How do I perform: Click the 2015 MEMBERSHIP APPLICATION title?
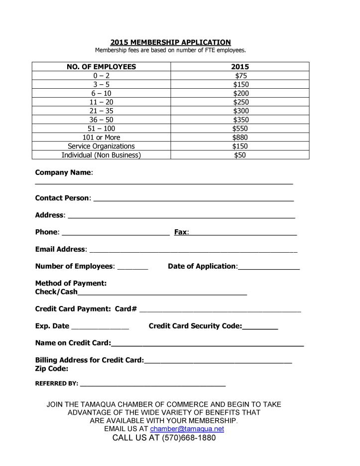[170, 42]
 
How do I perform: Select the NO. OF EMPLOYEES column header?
[101, 67]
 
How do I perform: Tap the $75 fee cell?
[240, 76]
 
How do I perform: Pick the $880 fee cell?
[240, 137]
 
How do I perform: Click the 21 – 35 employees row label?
[101, 111]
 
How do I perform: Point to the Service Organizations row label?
[101, 146]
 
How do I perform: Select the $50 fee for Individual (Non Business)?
[240, 155]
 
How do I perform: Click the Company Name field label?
[63, 172]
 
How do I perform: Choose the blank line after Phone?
[116, 233]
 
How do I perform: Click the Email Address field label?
[60, 249]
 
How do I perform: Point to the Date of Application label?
[202, 266]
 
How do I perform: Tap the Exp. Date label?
[52, 326]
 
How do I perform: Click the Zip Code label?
[52, 369]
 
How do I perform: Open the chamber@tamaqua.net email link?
[187, 429]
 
